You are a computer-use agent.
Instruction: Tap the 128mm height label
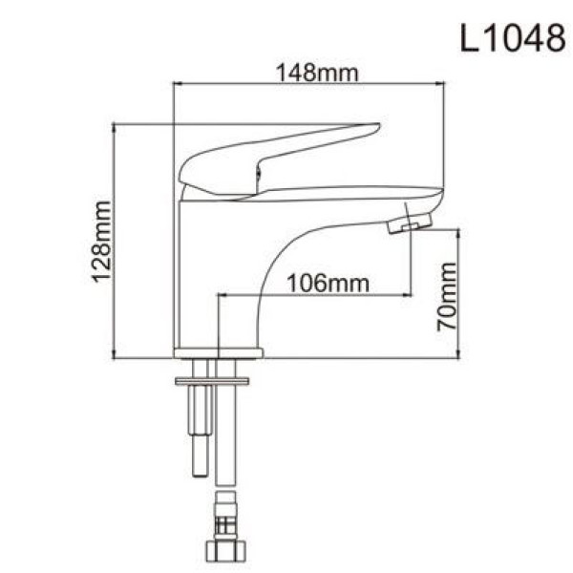[x=101, y=241]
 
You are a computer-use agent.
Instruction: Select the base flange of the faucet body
[x=218, y=352]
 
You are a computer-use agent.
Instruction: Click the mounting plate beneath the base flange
[x=211, y=381]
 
